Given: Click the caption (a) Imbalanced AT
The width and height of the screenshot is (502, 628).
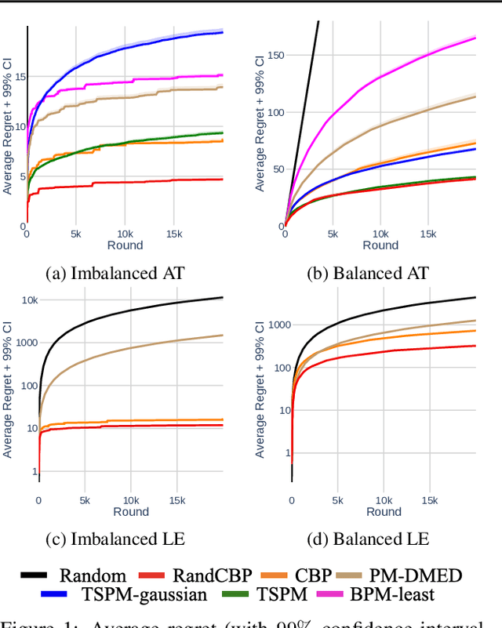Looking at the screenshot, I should click(x=115, y=273).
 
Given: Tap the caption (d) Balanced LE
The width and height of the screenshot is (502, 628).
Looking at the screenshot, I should click(x=370, y=539).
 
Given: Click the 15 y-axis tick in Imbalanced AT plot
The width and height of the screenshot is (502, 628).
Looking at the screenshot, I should click(x=19, y=76).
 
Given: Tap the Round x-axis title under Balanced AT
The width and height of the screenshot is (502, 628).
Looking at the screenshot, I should click(x=380, y=245).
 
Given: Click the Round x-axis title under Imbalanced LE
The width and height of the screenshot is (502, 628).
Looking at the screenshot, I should click(x=130, y=512).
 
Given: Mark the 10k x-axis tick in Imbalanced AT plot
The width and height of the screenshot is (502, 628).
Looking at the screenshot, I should click(x=125, y=234).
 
